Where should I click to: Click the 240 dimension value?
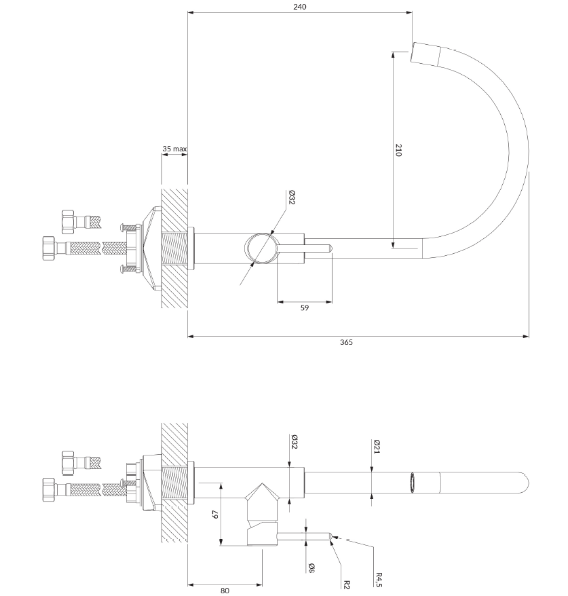[x=300, y=7]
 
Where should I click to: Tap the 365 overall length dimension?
[x=346, y=342]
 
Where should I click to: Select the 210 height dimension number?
[x=398, y=150]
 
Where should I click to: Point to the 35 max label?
[x=174, y=149]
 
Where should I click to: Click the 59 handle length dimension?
[x=305, y=308]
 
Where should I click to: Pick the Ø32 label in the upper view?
[x=291, y=197]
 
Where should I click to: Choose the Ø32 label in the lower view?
[x=294, y=441]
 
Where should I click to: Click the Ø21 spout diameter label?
[x=377, y=446]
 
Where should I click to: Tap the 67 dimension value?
[x=215, y=515]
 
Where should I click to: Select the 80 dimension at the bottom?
[x=225, y=591]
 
